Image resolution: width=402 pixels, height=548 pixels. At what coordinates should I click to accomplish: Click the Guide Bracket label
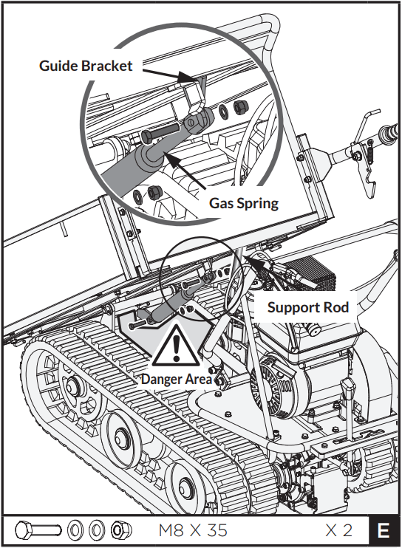click(86, 66)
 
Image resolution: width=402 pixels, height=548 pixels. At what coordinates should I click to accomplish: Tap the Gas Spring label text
click(244, 202)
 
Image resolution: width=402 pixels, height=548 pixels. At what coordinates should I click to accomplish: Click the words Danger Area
click(177, 379)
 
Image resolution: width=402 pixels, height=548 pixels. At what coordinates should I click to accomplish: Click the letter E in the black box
click(384, 530)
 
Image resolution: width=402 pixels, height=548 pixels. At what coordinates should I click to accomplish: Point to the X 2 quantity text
click(338, 530)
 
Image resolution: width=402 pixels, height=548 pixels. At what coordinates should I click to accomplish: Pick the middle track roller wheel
click(118, 433)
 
